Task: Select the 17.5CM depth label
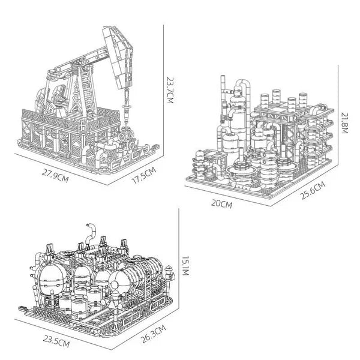(143, 176)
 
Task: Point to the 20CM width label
(222, 204)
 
